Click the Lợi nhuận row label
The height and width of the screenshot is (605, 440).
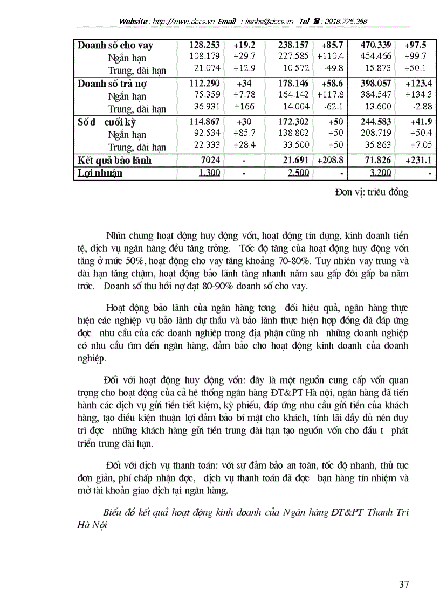click(100, 173)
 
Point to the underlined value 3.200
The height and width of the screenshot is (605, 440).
click(381, 173)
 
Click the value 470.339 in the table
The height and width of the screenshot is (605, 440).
click(376, 45)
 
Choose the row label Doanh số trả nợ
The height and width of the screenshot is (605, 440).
click(112, 84)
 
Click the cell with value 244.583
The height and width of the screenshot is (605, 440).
click(376, 122)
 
